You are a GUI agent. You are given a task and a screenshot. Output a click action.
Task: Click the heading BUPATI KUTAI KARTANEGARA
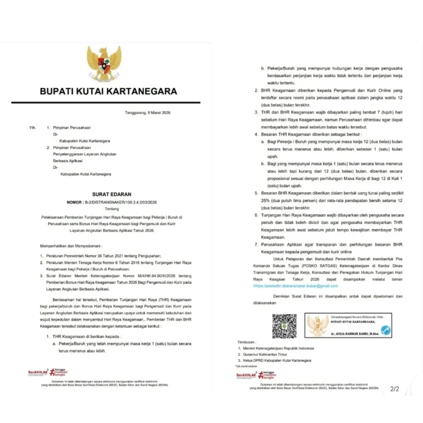click(108, 91)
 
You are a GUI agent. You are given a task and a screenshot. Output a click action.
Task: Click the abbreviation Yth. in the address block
click(32, 127)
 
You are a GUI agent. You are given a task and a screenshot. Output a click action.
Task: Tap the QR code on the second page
click(284, 326)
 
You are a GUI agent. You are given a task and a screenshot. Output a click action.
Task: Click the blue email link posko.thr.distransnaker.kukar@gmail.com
click(295, 286)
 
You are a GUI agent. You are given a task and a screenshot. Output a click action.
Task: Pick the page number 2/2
click(394, 389)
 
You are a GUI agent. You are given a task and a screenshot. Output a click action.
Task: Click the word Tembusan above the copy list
click(247, 341)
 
